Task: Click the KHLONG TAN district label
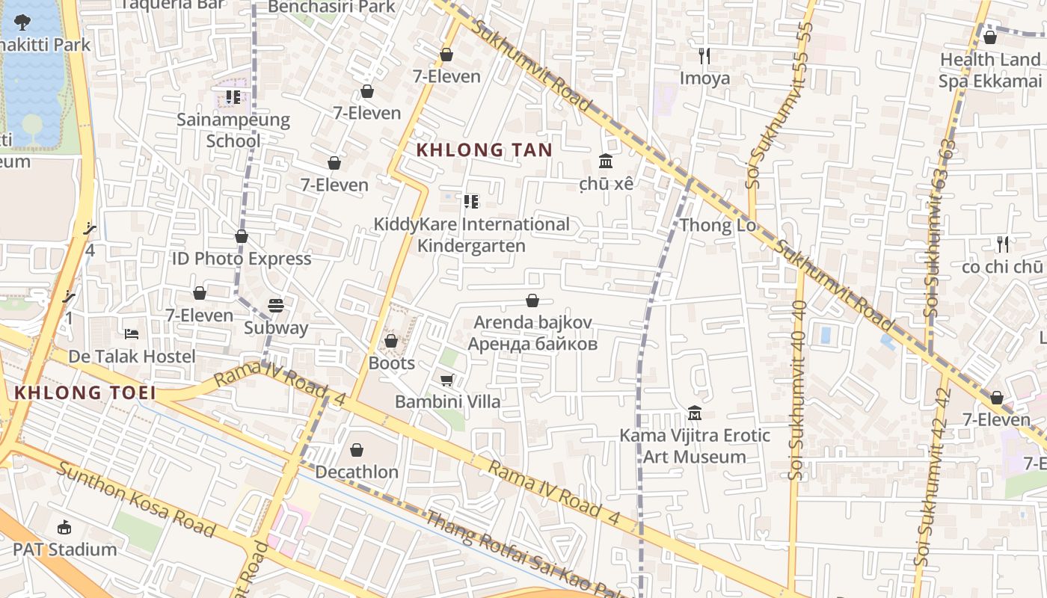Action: [x=484, y=149]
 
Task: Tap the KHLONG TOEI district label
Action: [x=85, y=392]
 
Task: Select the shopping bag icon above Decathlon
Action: [x=357, y=450]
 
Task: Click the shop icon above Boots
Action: [x=390, y=341]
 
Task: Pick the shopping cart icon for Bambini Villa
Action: [x=446, y=380]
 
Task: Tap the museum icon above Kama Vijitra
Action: [x=694, y=413]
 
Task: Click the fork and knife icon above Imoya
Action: [x=704, y=55]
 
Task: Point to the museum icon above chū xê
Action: [x=605, y=161]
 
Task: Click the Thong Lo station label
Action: [x=716, y=225]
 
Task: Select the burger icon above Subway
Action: [x=276, y=306]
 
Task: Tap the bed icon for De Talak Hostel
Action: [x=132, y=333]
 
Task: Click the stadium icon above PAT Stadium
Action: [x=64, y=528]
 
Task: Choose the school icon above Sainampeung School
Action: [x=233, y=97]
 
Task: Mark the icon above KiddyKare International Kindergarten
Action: [x=470, y=201]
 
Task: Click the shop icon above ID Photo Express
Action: [x=242, y=237]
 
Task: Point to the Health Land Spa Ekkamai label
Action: [x=989, y=70]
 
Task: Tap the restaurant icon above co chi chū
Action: [x=1002, y=244]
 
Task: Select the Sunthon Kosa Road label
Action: [x=136, y=499]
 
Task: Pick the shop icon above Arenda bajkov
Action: [x=532, y=300]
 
